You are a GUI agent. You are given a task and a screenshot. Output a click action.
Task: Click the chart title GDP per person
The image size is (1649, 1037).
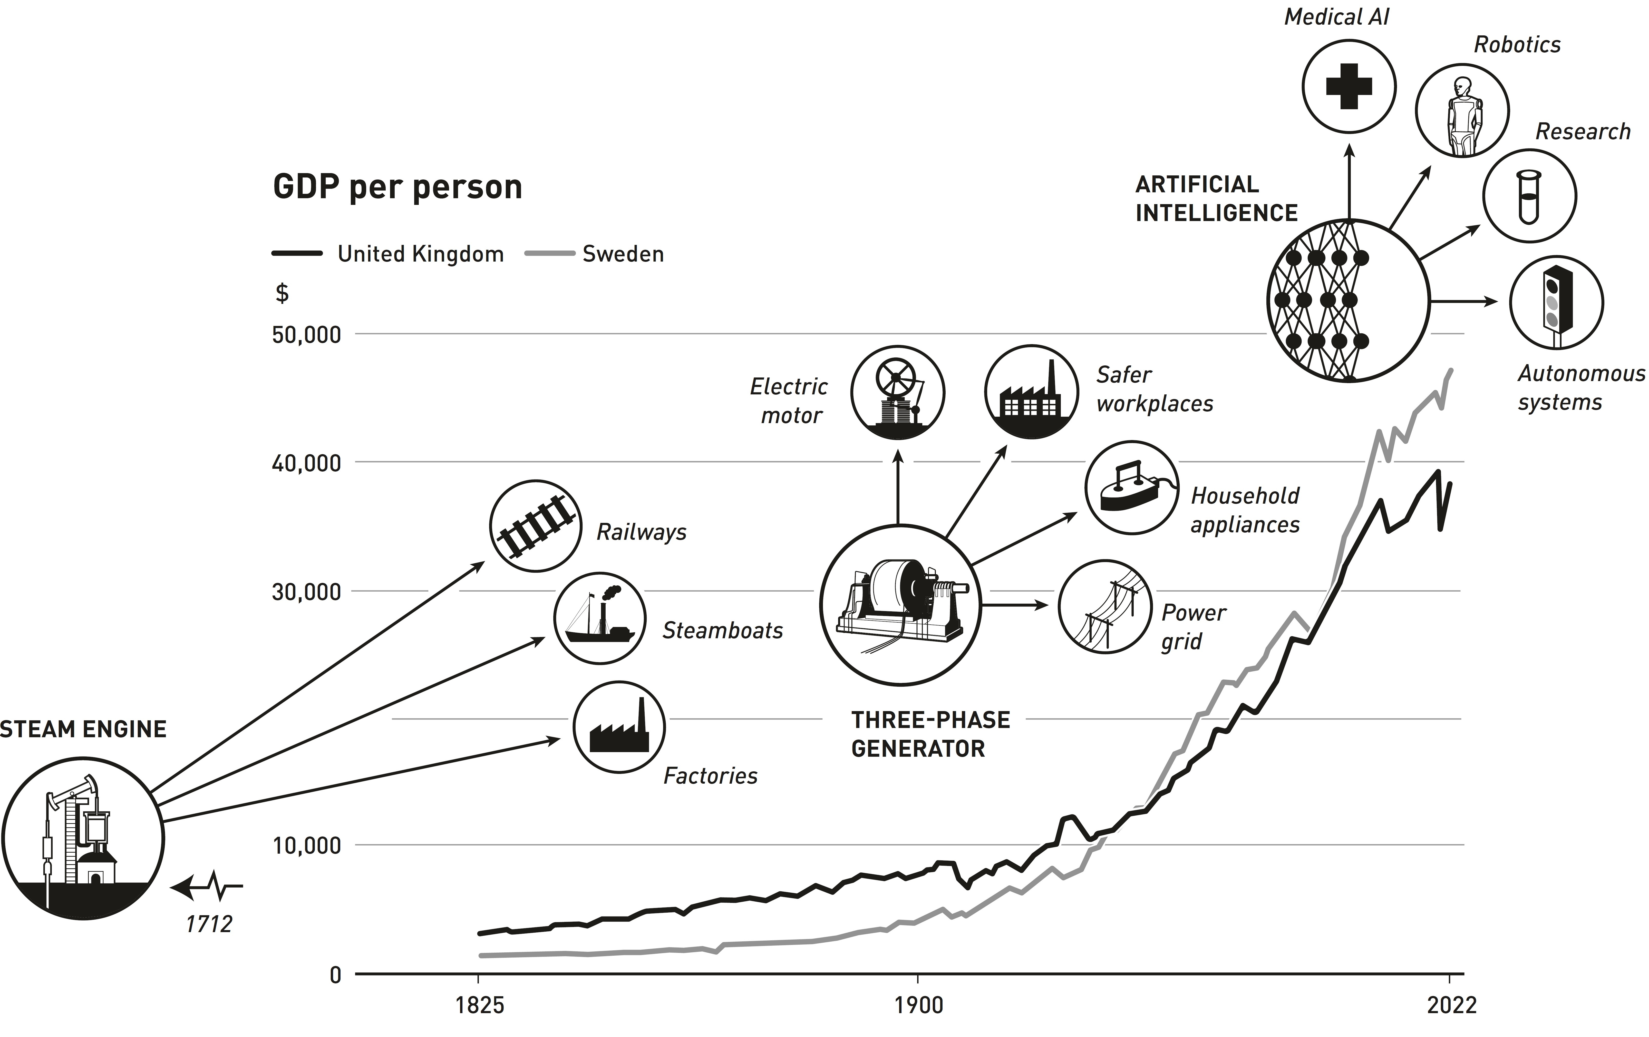pos(397,187)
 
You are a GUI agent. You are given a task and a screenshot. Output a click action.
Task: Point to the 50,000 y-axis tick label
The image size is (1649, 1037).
pos(306,335)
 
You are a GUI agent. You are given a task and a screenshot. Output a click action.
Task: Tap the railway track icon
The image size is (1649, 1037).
pos(536,526)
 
